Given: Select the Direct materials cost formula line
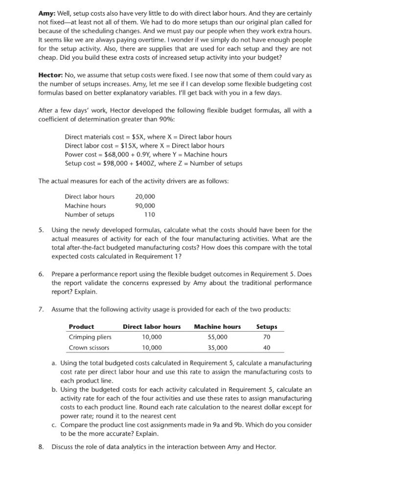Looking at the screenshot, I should (x=148, y=137).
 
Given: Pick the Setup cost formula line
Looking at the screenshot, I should (x=153, y=163).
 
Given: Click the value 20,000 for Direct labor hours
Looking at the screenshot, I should (x=145, y=196).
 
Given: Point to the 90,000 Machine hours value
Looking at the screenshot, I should (x=145, y=205).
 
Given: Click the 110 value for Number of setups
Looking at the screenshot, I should (x=149, y=214).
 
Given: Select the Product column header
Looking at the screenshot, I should (x=81, y=326).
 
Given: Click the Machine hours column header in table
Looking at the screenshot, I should (x=217, y=326).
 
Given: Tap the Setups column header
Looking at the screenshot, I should (x=267, y=326).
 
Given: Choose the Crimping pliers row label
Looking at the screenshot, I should (x=90, y=337).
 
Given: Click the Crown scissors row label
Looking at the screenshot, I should (x=89, y=347).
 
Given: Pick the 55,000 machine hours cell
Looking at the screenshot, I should (x=217, y=337).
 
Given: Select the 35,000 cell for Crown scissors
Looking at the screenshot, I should (x=217, y=347).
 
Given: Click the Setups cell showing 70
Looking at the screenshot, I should (x=267, y=337).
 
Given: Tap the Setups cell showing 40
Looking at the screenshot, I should (x=267, y=347).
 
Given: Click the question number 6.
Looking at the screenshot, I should (x=41, y=274).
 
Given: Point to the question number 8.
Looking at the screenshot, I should (x=41, y=447).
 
